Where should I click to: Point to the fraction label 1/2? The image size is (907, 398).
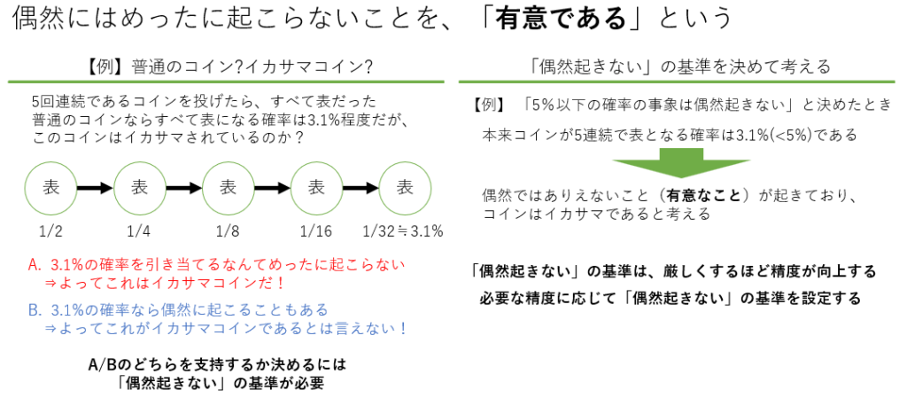click(50, 232)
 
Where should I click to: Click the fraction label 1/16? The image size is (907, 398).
click(316, 232)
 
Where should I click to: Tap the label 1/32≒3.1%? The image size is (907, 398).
click(403, 232)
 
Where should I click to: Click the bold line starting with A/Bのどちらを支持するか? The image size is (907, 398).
click(217, 365)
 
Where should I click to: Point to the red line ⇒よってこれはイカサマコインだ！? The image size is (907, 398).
click(168, 283)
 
